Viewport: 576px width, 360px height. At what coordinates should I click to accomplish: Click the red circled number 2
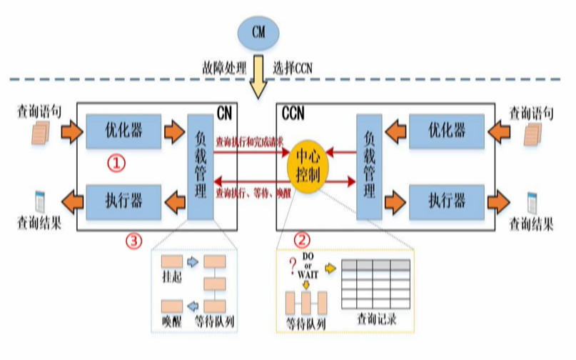(x=303, y=241)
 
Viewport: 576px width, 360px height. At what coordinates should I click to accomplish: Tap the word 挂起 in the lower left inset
(x=173, y=277)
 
